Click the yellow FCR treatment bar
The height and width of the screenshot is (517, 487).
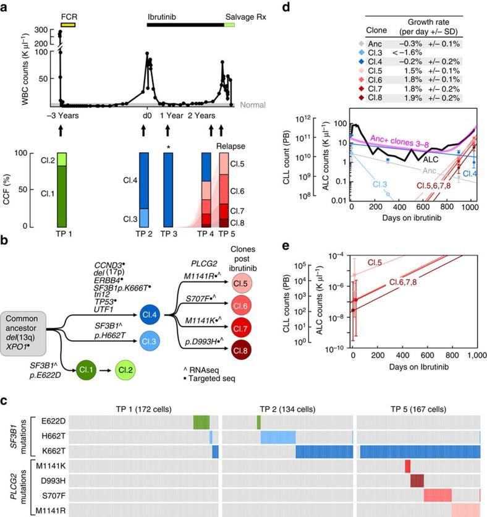67,25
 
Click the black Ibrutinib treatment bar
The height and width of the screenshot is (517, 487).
185,25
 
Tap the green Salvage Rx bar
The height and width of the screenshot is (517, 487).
229,25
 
